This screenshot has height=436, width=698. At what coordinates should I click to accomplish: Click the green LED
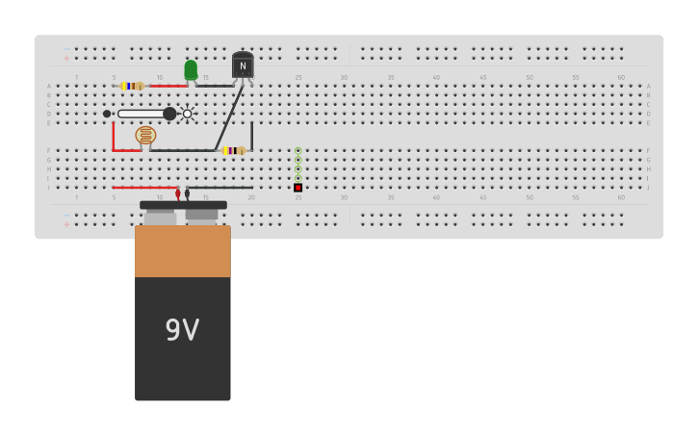tap(191, 70)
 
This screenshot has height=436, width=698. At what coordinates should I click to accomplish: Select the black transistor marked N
tap(243, 65)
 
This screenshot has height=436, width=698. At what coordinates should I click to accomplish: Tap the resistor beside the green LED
tap(132, 86)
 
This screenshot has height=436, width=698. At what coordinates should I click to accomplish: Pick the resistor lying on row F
tap(234, 150)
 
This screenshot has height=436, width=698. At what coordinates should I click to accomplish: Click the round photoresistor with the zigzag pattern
tap(145, 136)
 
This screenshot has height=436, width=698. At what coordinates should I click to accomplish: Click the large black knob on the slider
tap(169, 114)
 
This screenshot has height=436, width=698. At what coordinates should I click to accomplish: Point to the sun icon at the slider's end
tap(188, 114)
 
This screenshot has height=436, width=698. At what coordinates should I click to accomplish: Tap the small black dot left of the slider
tap(107, 114)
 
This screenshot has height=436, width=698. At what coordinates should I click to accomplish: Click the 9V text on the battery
tap(182, 330)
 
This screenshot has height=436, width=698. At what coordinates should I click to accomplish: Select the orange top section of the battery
tap(183, 251)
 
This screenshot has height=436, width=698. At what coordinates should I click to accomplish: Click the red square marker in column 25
tap(297, 188)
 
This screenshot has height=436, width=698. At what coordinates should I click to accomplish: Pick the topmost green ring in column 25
tap(297, 151)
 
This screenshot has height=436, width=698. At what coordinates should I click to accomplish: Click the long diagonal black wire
tap(229, 117)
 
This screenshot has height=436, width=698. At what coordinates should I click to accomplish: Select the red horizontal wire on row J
tap(143, 188)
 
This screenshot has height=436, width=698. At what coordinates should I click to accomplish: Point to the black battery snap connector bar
tap(183, 205)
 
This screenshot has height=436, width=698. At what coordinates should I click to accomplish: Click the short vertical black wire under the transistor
tap(252, 136)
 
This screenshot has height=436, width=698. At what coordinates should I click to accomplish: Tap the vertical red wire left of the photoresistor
tap(114, 137)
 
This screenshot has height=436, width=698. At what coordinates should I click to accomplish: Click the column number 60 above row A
tap(621, 77)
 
